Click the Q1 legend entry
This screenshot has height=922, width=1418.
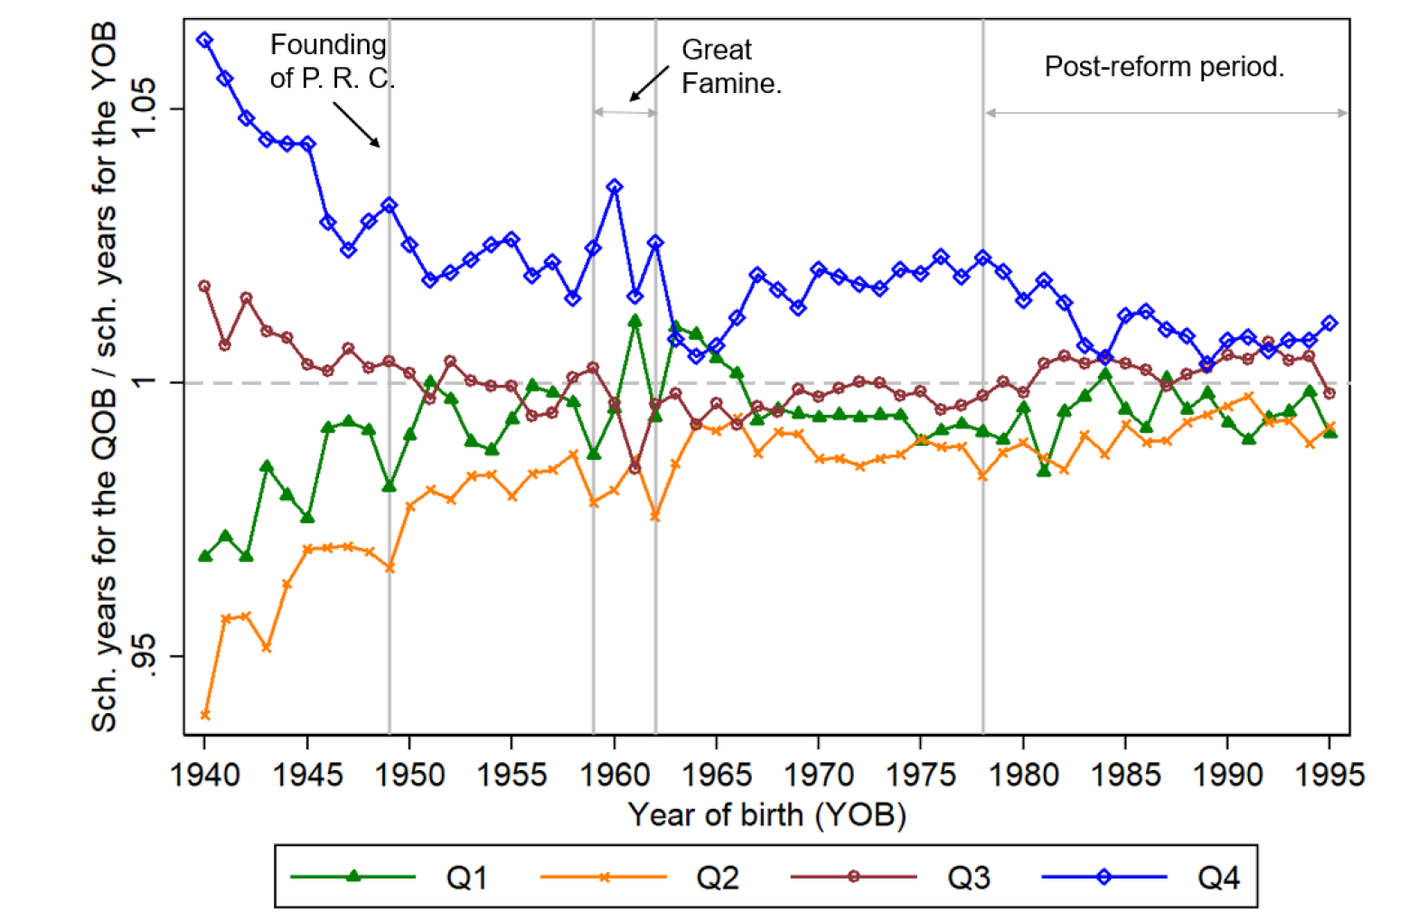[389, 877]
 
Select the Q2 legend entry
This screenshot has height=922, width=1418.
[639, 877]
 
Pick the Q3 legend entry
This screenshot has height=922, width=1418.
[890, 877]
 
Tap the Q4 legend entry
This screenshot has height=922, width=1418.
[1141, 877]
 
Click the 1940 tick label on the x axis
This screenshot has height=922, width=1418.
[205, 775]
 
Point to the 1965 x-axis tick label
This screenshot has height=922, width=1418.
[717, 775]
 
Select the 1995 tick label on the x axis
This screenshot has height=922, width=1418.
[1329, 775]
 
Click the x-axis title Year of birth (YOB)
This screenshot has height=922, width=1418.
[766, 814]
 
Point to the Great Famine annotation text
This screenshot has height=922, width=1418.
[730, 66]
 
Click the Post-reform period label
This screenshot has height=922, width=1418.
[1164, 67]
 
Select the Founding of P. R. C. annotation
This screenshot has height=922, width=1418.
[332, 61]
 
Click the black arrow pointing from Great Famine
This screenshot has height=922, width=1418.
[649, 84]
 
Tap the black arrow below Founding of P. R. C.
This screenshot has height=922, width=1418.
[356, 124]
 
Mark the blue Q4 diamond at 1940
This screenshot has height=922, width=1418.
[205, 41]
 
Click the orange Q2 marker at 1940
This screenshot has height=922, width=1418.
[205, 715]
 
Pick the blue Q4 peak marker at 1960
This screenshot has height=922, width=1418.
[615, 187]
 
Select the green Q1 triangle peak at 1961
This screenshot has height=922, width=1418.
[634, 320]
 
